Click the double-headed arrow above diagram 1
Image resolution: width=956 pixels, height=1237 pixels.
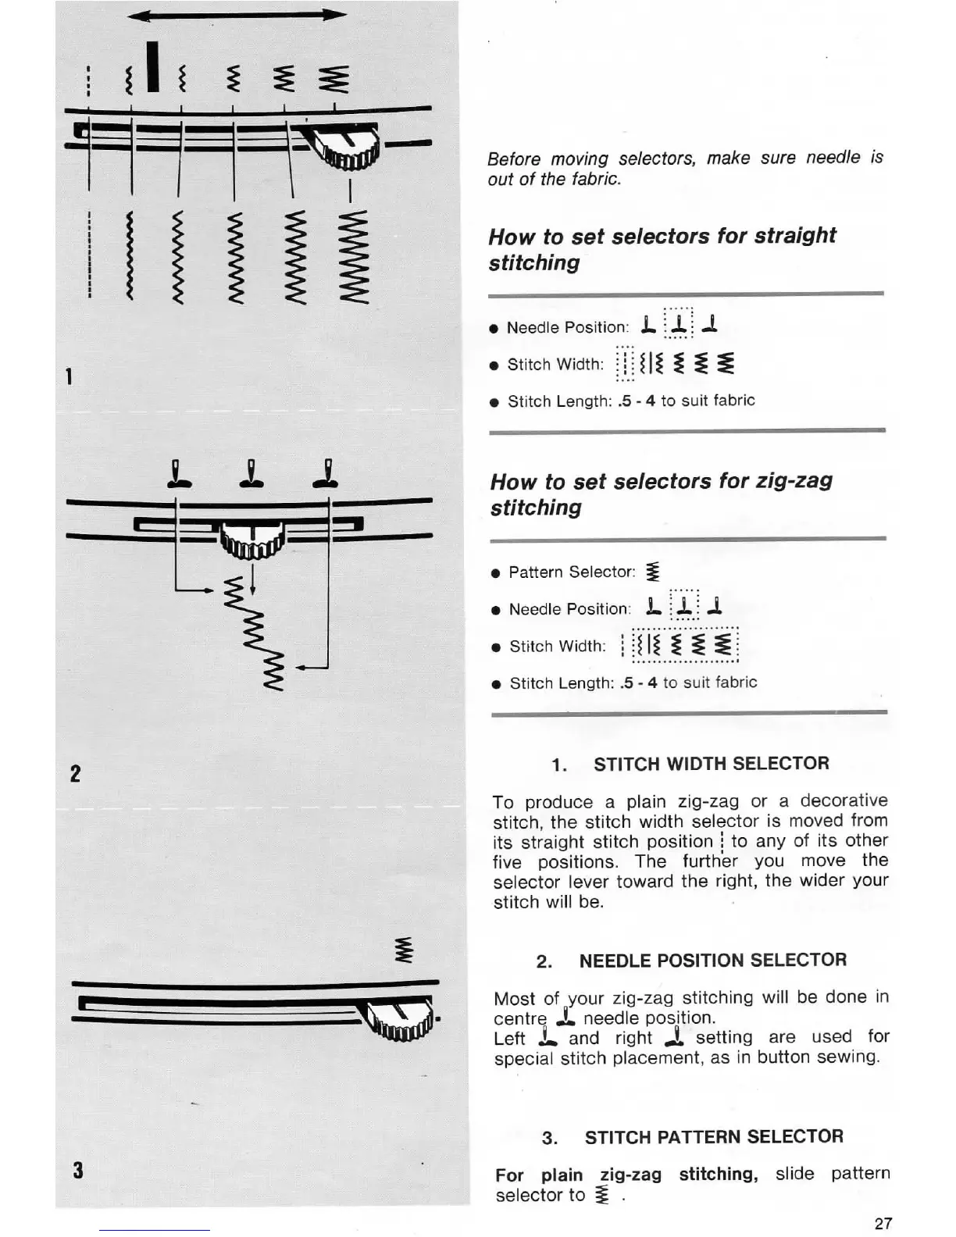coord(237,16)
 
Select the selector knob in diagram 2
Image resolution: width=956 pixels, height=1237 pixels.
coord(251,540)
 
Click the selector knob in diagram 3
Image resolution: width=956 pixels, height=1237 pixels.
coord(403,1018)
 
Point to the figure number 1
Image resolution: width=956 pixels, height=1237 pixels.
coord(70,377)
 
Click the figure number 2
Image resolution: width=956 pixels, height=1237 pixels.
coord(75,774)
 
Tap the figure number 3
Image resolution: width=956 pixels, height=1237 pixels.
coord(77,1170)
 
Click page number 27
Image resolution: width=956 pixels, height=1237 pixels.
coord(883,1223)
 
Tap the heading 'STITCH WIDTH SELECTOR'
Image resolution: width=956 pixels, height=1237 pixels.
coord(711,764)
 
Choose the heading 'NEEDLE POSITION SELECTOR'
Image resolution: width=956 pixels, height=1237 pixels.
coord(712,960)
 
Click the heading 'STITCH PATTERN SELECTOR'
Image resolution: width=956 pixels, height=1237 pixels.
coord(714,1136)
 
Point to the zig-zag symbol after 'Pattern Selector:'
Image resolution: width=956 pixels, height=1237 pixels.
coord(653,572)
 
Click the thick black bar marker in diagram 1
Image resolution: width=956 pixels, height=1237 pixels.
coord(153,67)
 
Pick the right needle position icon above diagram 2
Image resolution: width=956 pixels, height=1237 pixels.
coord(327,475)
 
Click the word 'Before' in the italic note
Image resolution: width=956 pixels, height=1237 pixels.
coord(513,159)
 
